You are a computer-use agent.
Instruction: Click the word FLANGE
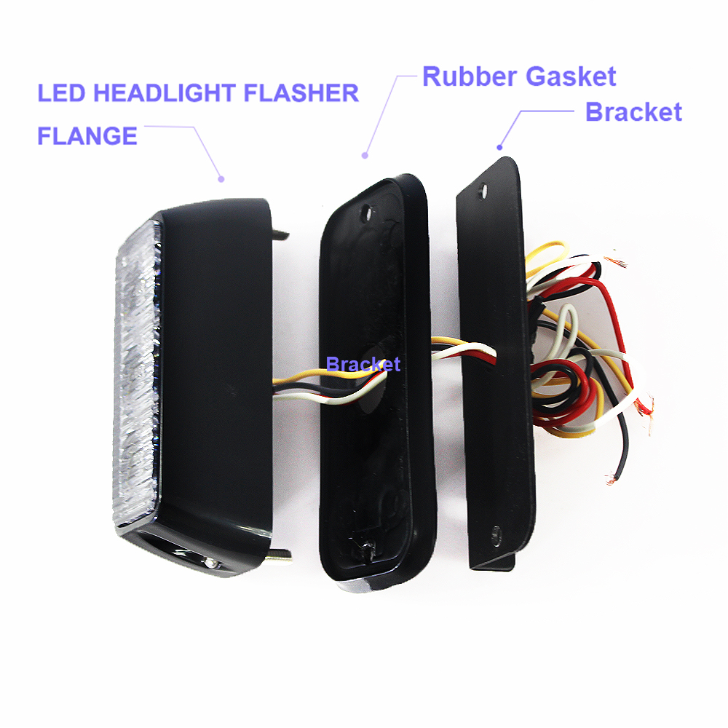tap(87, 136)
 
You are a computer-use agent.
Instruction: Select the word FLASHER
tap(301, 93)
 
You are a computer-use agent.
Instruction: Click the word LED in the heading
tap(61, 93)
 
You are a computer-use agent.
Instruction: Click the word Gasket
tap(571, 76)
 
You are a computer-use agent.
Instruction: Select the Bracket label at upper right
tap(634, 112)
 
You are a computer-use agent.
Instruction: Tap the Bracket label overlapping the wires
tap(363, 365)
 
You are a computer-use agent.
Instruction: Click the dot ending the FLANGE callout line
tap(221, 179)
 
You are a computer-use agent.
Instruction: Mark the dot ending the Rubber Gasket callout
tap(365, 156)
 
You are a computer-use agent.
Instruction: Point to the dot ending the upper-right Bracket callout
tap(499, 148)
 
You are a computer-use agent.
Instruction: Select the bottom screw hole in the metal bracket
tap(496, 536)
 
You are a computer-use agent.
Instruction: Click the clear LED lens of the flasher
tap(138, 371)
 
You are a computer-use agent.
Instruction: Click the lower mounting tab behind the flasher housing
tap(281, 555)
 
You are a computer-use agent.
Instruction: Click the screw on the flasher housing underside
tap(211, 563)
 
